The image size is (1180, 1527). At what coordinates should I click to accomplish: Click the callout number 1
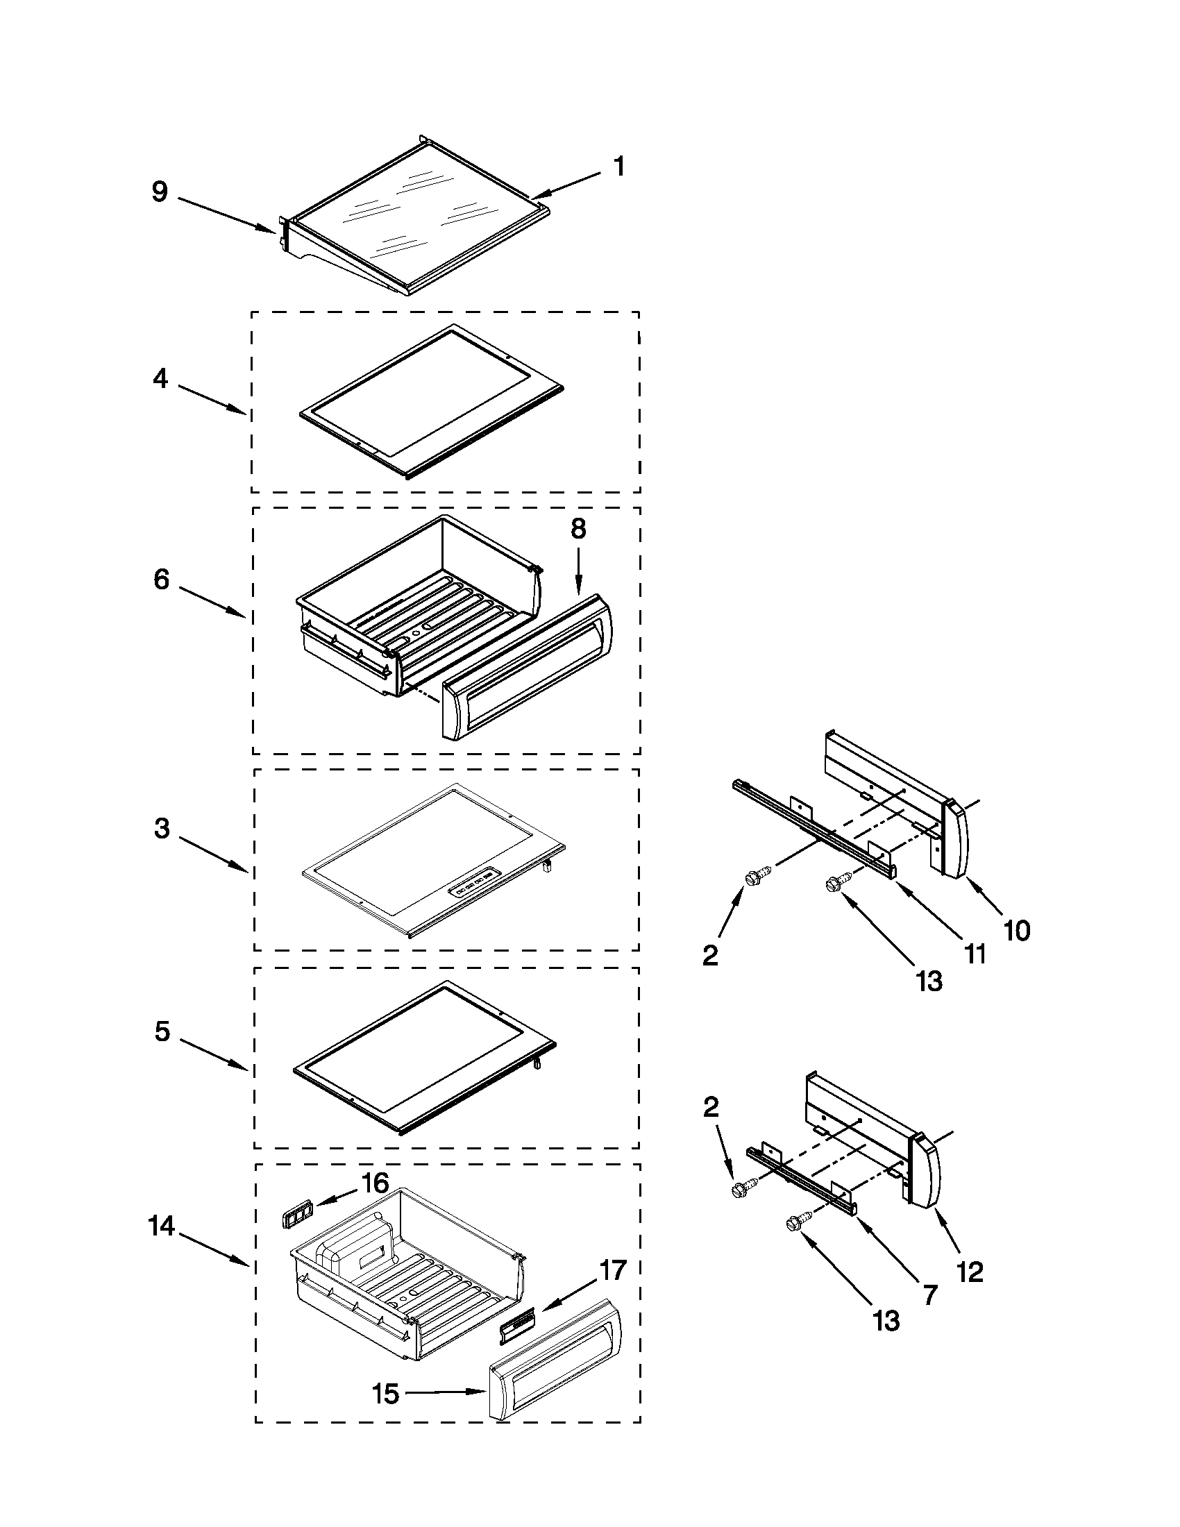(x=618, y=167)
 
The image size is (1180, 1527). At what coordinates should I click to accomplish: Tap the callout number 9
(x=160, y=192)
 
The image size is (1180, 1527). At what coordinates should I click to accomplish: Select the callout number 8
(x=578, y=530)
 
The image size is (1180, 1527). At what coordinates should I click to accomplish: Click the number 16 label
(x=375, y=1183)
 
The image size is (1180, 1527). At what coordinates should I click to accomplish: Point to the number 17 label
(x=612, y=1269)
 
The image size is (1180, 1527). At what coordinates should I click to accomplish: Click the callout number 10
(x=1017, y=931)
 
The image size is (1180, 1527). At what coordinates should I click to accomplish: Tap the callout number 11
(x=975, y=954)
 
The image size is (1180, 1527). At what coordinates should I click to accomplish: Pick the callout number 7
(x=929, y=1295)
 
